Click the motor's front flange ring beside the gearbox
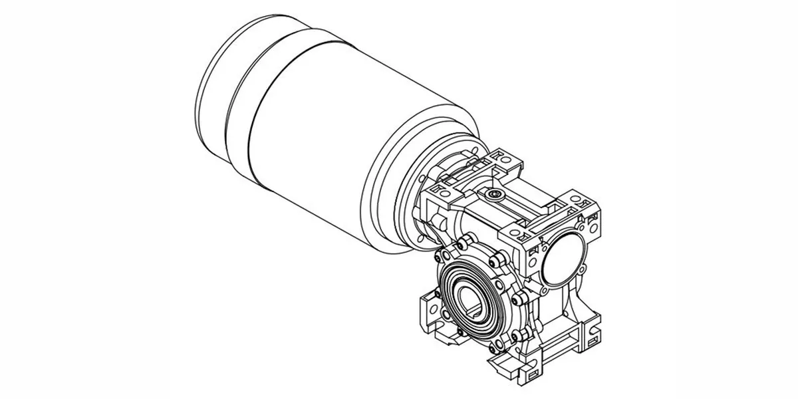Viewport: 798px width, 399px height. [x=399, y=193]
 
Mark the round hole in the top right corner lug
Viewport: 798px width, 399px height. [x=586, y=202]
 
